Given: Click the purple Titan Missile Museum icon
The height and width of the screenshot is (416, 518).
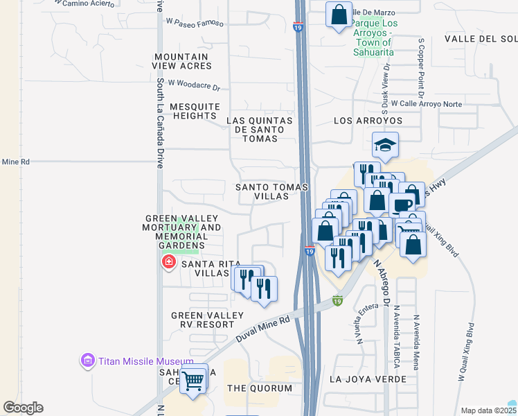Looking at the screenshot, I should click(87, 361).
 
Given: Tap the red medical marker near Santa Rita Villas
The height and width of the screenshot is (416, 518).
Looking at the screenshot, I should click(168, 262).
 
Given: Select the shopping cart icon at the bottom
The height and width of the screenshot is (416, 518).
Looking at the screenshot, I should click(195, 379).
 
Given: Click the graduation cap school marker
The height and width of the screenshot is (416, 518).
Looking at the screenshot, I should click(385, 145).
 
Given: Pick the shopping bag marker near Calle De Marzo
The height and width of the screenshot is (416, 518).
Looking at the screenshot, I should click(339, 15).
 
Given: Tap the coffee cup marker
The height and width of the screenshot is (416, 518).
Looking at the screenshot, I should click(402, 205).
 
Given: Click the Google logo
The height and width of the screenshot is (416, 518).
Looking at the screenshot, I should click(23, 408).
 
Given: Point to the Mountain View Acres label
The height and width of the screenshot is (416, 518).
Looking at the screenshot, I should click(181, 61).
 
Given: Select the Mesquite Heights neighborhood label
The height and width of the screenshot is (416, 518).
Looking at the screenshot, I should click(195, 111).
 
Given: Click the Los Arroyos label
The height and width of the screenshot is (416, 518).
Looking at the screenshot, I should click(368, 121).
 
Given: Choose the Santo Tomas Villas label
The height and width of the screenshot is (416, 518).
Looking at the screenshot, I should click(262, 191).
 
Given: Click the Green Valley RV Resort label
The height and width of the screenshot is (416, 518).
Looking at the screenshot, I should click(208, 320).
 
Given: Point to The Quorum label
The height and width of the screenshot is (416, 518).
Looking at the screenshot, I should click(260, 388).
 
